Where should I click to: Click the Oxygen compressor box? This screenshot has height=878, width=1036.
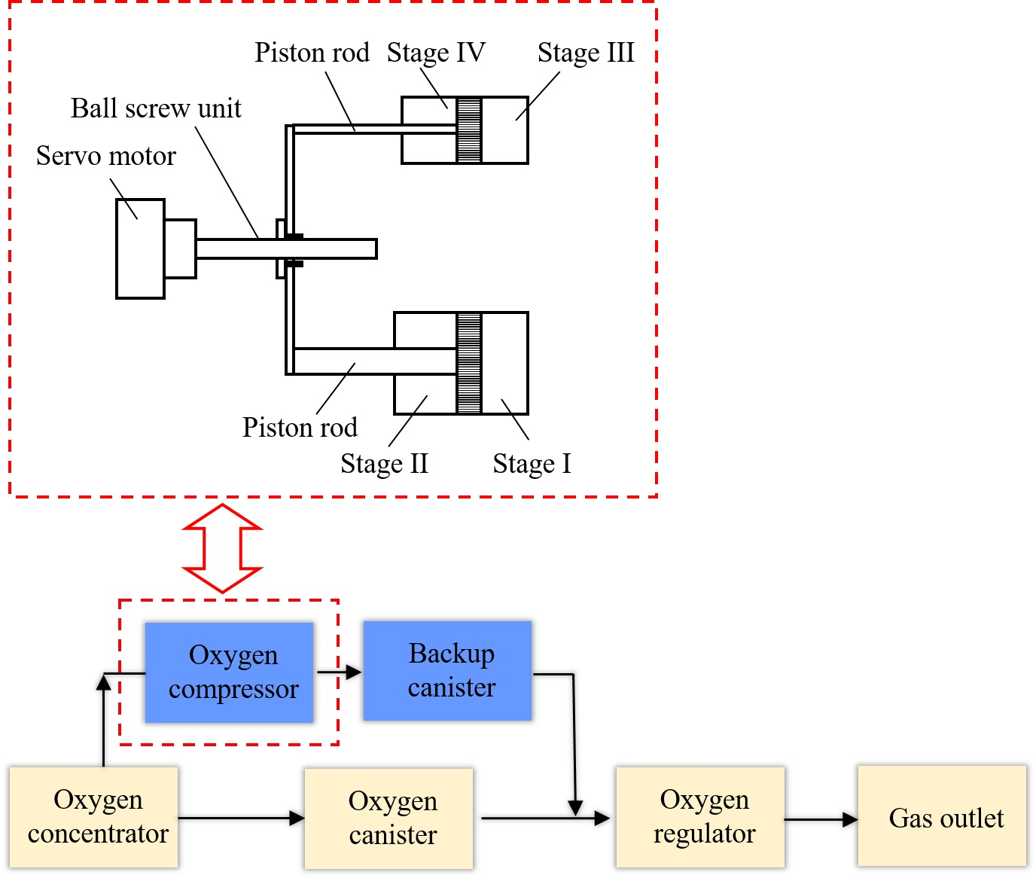coord(229,672)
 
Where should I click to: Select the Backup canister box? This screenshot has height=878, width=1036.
coord(448,671)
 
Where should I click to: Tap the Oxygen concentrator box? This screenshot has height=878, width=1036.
coord(94,817)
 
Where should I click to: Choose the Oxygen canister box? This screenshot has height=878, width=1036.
coord(389,819)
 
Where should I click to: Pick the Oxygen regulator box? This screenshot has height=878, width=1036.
coord(700,817)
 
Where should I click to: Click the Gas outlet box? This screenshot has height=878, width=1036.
coord(942,817)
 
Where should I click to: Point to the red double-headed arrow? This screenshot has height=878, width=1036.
coord(223,548)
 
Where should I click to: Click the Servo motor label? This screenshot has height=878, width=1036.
coord(106,156)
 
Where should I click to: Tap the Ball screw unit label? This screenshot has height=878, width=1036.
coord(156,108)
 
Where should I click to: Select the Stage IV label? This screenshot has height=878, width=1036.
coord(436,53)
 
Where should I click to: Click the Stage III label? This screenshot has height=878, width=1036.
coord(586,53)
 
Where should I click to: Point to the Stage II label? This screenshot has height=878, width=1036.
coord(384,464)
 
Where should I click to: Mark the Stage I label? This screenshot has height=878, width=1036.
coord(532,464)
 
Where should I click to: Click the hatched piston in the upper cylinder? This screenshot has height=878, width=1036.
coord(469,130)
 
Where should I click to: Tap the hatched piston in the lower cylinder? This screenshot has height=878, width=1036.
coord(469,363)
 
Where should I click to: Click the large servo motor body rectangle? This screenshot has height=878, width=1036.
coord(140,248)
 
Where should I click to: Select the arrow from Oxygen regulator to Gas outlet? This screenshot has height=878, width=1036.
coord(821,819)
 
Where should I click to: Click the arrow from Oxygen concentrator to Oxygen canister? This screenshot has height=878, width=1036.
coord(241,818)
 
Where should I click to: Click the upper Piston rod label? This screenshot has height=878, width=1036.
coord(312,53)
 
